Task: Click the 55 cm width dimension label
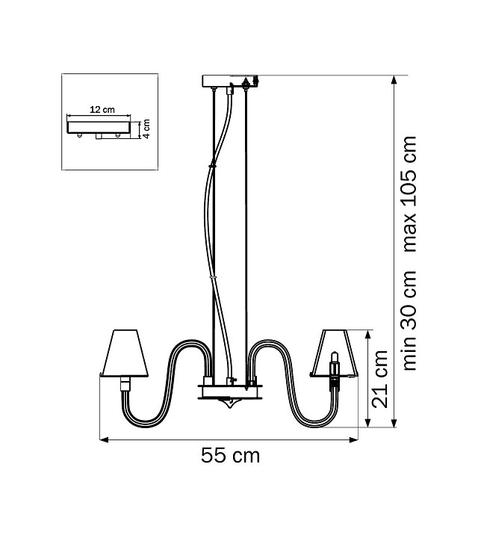pos(230,456)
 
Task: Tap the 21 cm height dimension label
pos(380,379)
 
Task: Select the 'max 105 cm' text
pos(410,194)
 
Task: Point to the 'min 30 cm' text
pos(410,321)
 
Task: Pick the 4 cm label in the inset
pos(146,129)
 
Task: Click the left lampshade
pos(126,353)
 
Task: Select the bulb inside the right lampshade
pos(335,364)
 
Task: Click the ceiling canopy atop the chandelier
pos(230,81)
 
